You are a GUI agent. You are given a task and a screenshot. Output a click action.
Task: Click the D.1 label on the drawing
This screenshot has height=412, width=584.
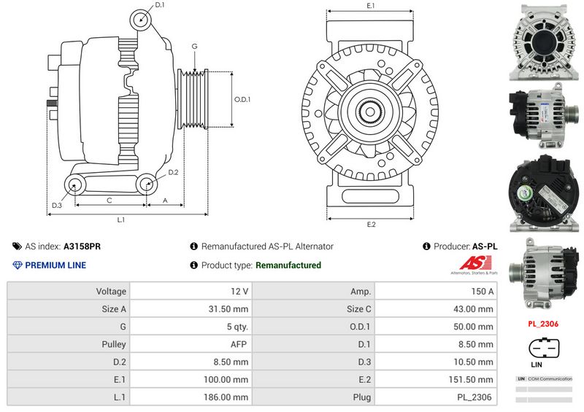(x=160, y=6)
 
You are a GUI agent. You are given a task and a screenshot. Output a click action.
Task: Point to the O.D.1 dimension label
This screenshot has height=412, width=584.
(x=242, y=100)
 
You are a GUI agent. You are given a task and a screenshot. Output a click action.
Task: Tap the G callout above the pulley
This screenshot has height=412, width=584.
(x=194, y=47)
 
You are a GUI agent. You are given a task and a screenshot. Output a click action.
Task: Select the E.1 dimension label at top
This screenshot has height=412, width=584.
(x=370, y=6)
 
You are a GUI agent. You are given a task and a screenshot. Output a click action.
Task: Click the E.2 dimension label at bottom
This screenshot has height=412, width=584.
(x=371, y=224)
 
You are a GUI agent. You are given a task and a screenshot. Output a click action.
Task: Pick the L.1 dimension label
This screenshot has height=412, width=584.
(x=121, y=219)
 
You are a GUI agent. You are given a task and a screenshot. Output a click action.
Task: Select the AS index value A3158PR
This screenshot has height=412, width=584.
(x=82, y=246)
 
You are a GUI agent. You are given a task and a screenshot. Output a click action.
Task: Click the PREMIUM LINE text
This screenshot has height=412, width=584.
(x=55, y=265)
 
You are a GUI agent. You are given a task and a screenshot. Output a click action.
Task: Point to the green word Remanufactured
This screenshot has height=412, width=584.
(x=288, y=265)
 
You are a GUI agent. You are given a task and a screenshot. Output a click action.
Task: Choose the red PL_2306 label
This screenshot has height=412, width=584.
(x=544, y=323)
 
